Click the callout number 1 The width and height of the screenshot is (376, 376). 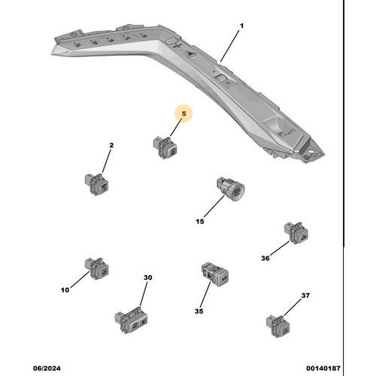pyautogui.click(x=242, y=27)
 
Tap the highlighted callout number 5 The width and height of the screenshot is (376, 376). pyautogui.click(x=183, y=114)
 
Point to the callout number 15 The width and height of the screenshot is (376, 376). pyautogui.click(x=200, y=222)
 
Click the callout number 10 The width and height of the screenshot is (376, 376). pyautogui.click(x=65, y=290)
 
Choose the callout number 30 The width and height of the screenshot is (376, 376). pyautogui.click(x=147, y=278)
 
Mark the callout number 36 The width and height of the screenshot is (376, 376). pyautogui.click(x=265, y=258)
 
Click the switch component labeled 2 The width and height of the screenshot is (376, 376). pyautogui.click(x=96, y=183)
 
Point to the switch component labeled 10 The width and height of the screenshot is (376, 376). pyautogui.click(x=96, y=267)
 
